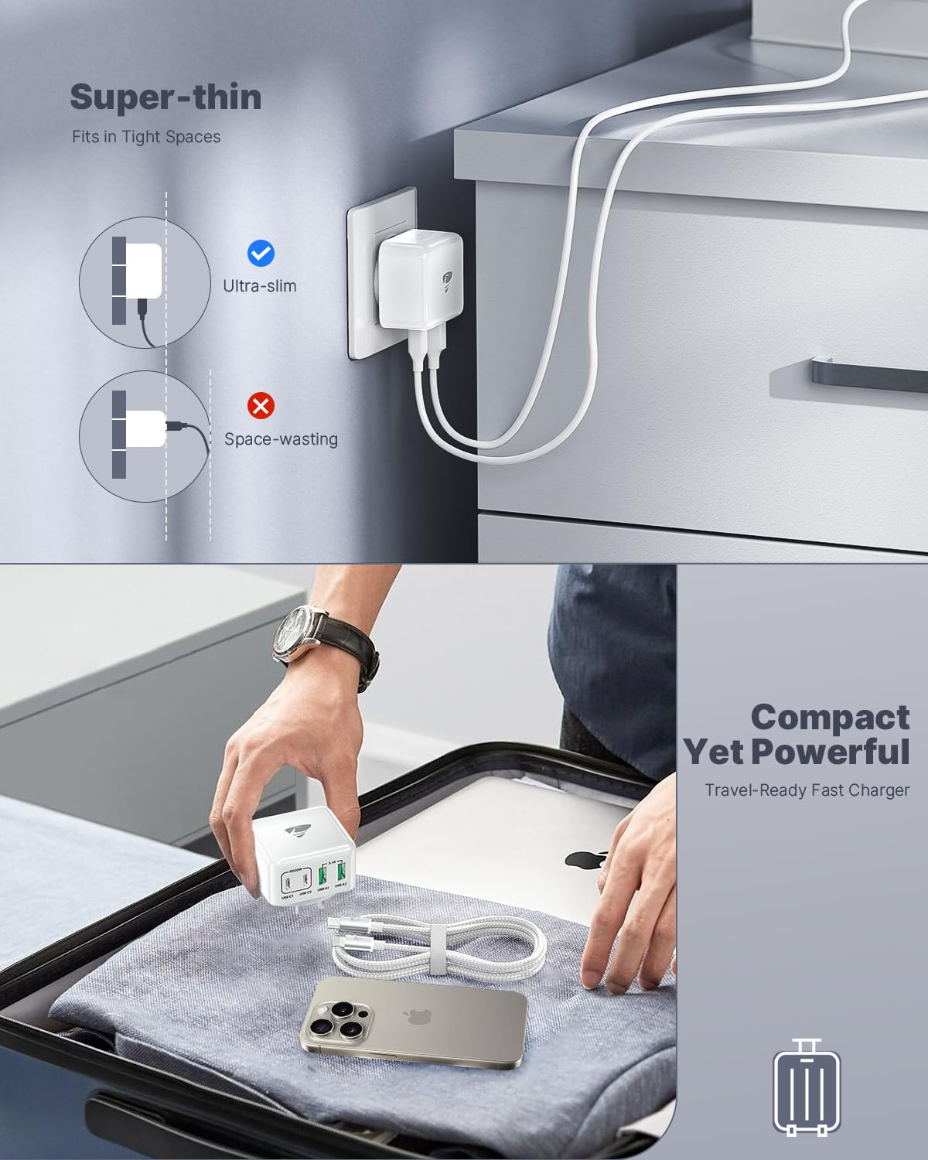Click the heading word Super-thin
click(165, 98)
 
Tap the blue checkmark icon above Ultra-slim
click(261, 253)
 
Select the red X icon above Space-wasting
click(261, 405)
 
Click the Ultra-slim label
click(259, 286)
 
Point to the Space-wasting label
click(281, 439)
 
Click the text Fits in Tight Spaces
click(146, 137)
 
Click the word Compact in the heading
click(830, 717)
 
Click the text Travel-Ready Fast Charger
click(807, 790)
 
